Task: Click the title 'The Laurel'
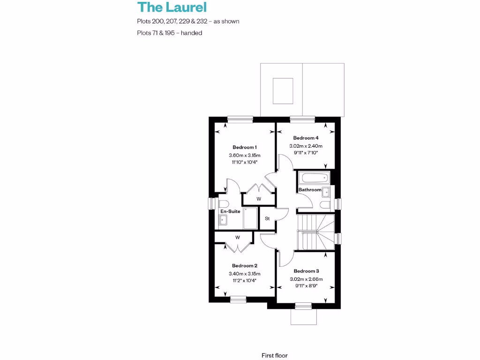coord(172,7)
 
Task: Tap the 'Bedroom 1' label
coord(244,147)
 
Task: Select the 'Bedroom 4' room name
coord(306,138)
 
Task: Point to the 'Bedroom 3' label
coord(306,271)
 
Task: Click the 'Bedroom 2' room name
coord(244,265)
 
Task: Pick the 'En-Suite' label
coord(230,211)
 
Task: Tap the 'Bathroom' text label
coord(310,190)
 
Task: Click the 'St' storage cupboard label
coord(268,218)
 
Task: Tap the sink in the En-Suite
coord(224,220)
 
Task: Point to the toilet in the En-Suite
coord(223,204)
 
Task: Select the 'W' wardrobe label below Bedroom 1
coord(258,199)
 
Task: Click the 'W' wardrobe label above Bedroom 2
coord(238,238)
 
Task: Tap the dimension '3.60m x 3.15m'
coord(244,156)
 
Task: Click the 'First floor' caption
coord(275,355)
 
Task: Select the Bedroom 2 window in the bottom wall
coord(238,299)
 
